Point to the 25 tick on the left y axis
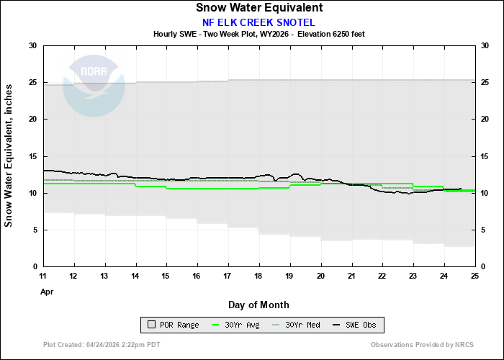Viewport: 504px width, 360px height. coord(32,82)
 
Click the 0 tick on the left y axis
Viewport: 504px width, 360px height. coord(35,266)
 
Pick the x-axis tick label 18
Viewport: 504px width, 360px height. coord(259,276)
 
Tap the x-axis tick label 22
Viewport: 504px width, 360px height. coord(382,276)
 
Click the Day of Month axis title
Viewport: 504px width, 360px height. coord(258,305)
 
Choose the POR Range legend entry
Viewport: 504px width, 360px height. coord(174,325)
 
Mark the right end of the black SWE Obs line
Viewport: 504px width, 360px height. coord(461,189)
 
